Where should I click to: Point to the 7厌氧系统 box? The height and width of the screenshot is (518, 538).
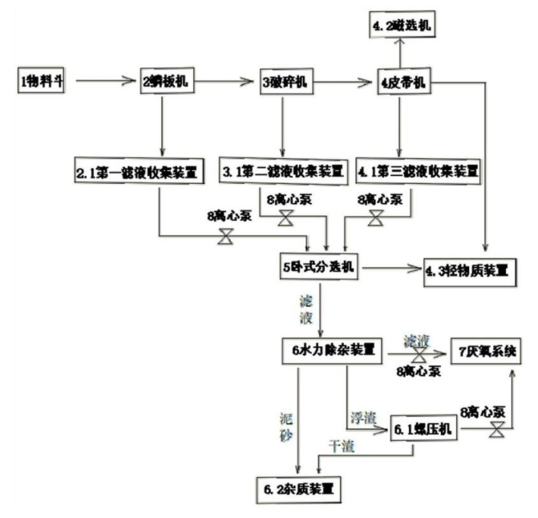(489, 350)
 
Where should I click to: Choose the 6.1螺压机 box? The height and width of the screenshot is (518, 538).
(423, 430)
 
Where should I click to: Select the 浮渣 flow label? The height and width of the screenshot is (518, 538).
(363, 418)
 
